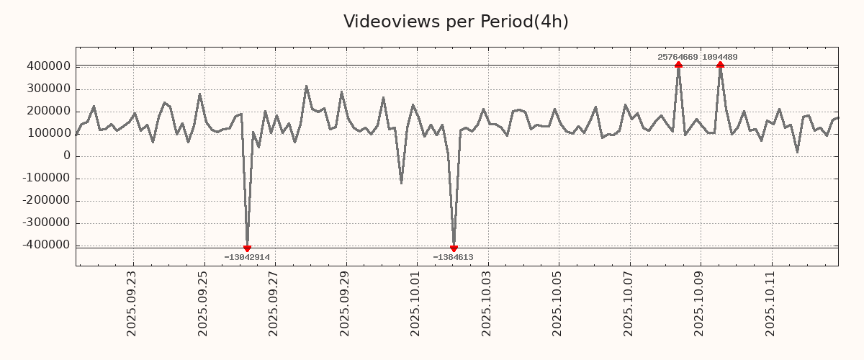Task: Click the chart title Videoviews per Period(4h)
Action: point(456,22)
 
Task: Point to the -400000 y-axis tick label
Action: point(45,246)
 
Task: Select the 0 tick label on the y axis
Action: point(67,156)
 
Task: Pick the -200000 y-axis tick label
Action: point(45,201)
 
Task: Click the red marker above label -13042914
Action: point(247,248)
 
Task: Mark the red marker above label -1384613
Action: point(454,248)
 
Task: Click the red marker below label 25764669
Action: point(678,65)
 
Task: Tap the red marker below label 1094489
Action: point(720,65)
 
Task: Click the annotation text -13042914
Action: point(247,257)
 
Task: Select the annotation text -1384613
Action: point(453,257)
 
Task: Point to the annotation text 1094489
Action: point(719,57)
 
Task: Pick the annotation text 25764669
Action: point(678,57)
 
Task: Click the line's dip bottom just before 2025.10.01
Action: point(401,183)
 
